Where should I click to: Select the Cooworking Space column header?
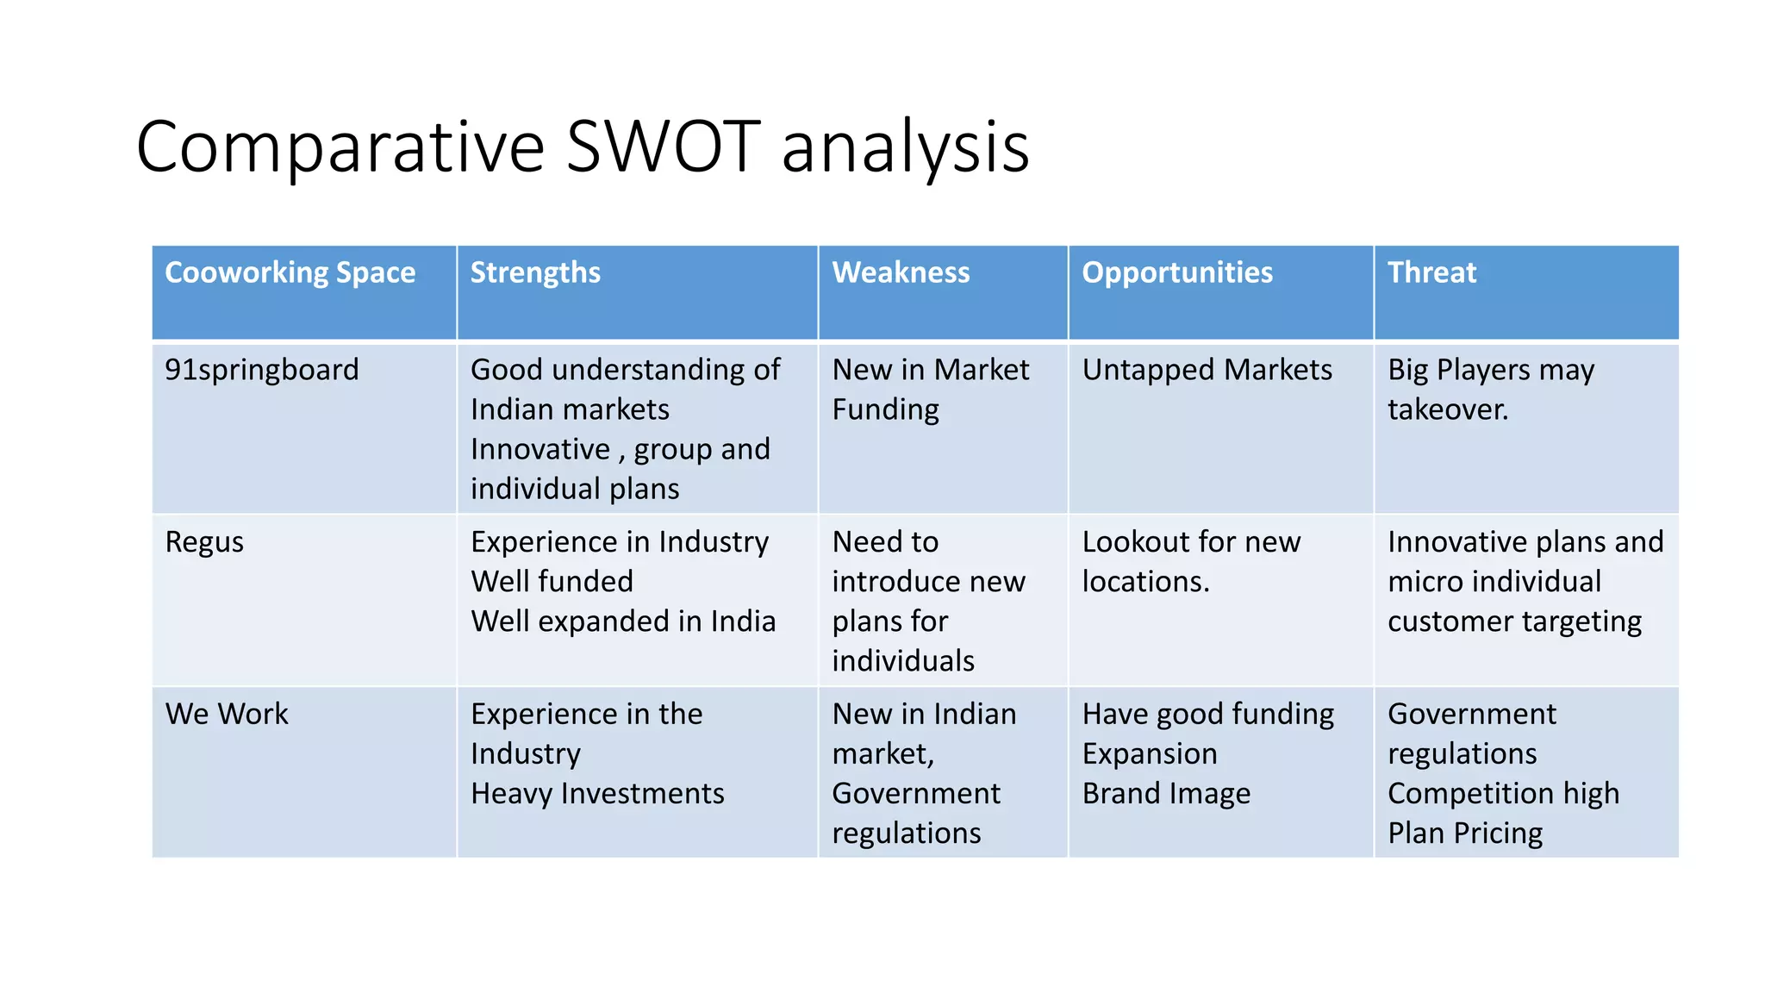pyautogui.click(x=290, y=272)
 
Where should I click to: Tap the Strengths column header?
pyautogui.click(x=535, y=272)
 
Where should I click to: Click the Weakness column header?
pyautogui.click(x=901, y=272)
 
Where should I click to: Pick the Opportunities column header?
pyautogui.click(x=1177, y=272)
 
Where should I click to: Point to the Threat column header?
pyautogui.click(x=1431, y=272)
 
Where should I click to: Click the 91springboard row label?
pyautogui.click(x=261, y=370)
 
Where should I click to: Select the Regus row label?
pyautogui.click(x=204, y=542)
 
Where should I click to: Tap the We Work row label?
pyautogui.click(x=227, y=714)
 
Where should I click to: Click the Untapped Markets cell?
pyautogui.click(x=1207, y=370)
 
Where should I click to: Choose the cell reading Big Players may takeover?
pyautogui.click(x=1491, y=389)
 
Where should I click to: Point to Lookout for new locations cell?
pyautogui.click(x=1191, y=561)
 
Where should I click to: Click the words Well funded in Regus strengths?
pyautogui.click(x=552, y=582)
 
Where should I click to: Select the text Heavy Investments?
pyautogui.click(x=597, y=794)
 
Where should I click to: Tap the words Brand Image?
pyautogui.click(x=1166, y=794)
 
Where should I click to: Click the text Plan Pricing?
pyautogui.click(x=1465, y=834)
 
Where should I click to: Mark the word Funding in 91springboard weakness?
pyautogui.click(x=885, y=409)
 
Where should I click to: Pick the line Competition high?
pyautogui.click(x=1503, y=794)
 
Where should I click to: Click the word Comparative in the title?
pyautogui.click(x=340, y=147)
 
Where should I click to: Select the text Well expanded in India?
pyautogui.click(x=623, y=621)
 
